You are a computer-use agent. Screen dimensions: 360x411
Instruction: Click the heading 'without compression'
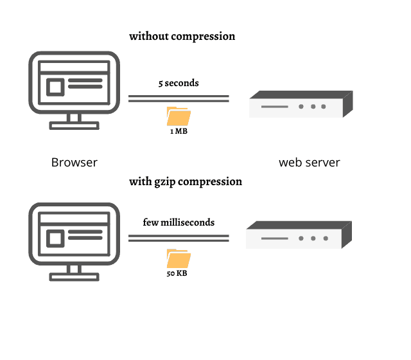click(x=182, y=36)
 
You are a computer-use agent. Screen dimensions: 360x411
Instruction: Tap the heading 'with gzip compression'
click(x=186, y=181)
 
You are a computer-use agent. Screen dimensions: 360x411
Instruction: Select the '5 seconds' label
click(x=179, y=83)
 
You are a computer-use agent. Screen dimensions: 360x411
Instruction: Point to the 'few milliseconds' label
click(x=179, y=222)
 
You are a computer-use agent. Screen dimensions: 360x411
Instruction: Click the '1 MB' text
click(x=179, y=130)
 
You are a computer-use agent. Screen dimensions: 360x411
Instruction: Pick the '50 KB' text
click(x=178, y=273)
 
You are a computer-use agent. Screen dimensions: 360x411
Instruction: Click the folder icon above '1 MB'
click(x=179, y=116)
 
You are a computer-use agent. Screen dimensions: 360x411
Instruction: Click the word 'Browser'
click(x=74, y=163)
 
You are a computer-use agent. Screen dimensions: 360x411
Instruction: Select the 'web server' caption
click(x=309, y=163)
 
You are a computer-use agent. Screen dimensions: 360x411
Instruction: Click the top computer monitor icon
click(x=74, y=84)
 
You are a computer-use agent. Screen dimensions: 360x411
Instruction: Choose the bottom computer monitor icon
click(x=74, y=235)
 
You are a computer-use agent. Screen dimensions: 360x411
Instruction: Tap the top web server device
click(x=301, y=105)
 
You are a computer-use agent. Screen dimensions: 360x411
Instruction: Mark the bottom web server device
click(x=299, y=236)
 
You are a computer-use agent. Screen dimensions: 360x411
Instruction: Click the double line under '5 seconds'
click(x=179, y=98)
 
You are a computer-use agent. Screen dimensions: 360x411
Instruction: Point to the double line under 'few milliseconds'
click(x=179, y=238)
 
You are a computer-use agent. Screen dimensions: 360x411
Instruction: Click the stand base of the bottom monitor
click(x=74, y=277)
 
